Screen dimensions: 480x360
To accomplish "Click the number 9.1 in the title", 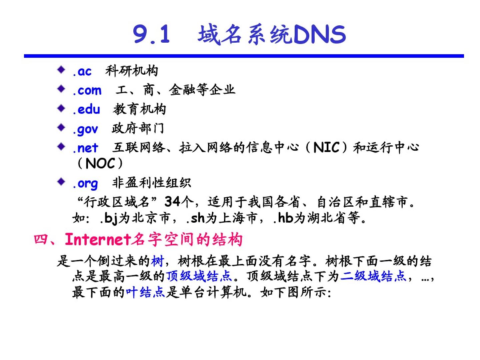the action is click(151, 34).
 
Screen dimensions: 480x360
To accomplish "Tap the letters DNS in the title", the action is click(319, 34).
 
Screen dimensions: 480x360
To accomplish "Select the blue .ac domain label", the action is click(82, 71).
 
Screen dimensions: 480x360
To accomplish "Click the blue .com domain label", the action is click(87, 90).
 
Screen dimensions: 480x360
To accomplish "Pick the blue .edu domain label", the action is click(86, 109).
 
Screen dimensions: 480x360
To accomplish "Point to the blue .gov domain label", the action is click(85, 129).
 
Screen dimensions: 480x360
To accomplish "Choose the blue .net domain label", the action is click(85, 148).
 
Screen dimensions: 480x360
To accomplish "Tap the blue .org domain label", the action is click(85, 184).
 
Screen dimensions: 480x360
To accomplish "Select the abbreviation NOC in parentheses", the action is click(100, 163).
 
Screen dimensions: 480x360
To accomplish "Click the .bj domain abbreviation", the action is click(109, 218).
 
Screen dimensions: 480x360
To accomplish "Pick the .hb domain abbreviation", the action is click(283, 218).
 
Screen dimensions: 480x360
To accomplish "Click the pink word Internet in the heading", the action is click(98, 240).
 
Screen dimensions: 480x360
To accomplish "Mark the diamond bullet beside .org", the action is click(61, 181).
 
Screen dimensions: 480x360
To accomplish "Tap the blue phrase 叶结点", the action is click(145, 292).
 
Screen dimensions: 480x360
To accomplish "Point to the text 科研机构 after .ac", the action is click(132, 71).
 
